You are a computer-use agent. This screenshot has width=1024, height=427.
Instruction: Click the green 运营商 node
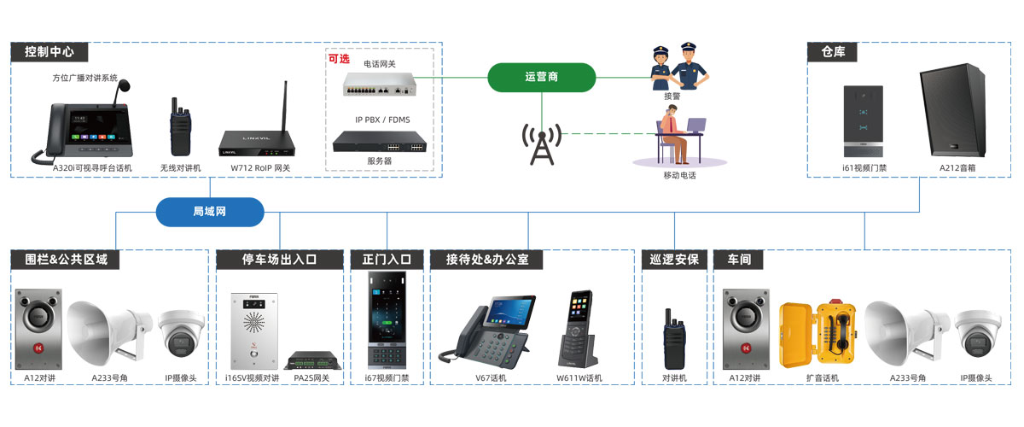pos(541,77)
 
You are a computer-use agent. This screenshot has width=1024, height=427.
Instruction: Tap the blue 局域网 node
pos(210,212)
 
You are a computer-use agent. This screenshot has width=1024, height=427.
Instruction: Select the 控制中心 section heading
pos(49,51)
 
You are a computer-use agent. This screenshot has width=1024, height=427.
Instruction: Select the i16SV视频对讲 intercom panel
pos(253,329)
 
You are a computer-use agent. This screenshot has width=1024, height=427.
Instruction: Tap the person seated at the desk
pos(674,137)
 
